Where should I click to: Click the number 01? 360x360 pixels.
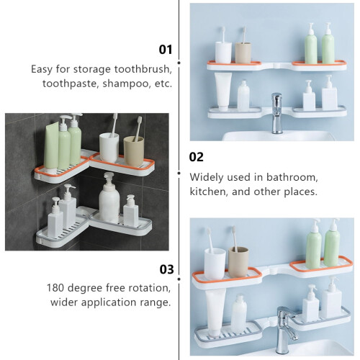pyautogui.click(x=166, y=50)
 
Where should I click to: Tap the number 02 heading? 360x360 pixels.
pyautogui.click(x=196, y=157)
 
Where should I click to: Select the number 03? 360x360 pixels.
pyautogui.click(x=166, y=269)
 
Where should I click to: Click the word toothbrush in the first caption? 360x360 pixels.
pyautogui.click(x=143, y=69)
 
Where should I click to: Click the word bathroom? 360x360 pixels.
pyautogui.click(x=292, y=177)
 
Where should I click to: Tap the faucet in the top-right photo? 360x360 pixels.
pyautogui.click(x=276, y=113)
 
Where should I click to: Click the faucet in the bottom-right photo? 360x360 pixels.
pyautogui.click(x=286, y=330)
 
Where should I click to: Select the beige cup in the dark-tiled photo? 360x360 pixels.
pyautogui.click(x=134, y=151)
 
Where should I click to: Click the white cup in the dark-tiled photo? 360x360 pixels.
pyautogui.click(x=109, y=148)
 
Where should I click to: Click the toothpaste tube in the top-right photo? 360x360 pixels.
pyautogui.click(x=223, y=91)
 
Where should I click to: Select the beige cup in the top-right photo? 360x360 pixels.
pyautogui.click(x=243, y=53)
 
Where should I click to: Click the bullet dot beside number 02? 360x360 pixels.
pyautogui.click(x=179, y=173)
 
